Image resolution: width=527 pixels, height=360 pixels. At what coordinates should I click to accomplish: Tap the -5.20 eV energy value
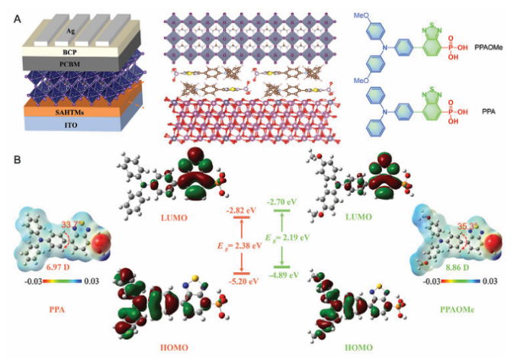pyautogui.click(x=237, y=281)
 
